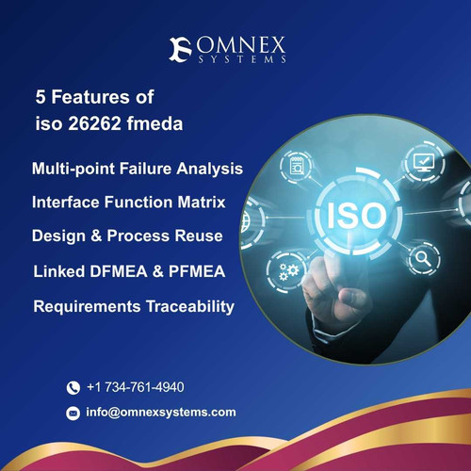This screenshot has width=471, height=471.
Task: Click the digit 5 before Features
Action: [41, 97]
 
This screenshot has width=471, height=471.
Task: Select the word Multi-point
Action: [73, 169]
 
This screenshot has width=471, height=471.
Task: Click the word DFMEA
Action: [113, 271]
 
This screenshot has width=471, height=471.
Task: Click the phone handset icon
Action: [73, 388]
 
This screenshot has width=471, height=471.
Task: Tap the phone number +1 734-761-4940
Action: [135, 387]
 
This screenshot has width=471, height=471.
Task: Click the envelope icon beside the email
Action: [73, 413]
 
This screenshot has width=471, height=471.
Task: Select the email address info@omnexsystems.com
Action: [160, 412]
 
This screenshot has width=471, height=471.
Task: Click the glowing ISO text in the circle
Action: [355, 219]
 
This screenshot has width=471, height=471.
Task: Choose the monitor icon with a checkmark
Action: [423, 162]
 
